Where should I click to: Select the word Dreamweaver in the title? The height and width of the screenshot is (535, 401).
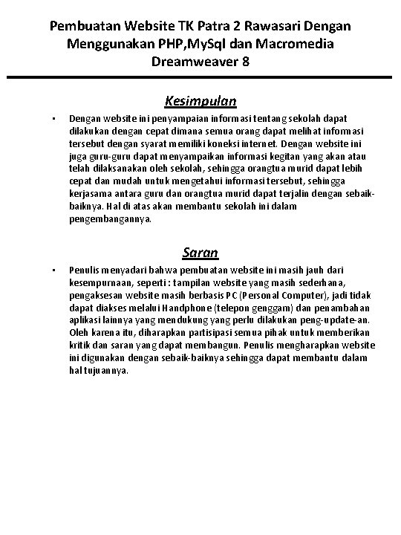point(189,62)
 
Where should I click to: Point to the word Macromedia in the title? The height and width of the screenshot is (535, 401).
point(293,44)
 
